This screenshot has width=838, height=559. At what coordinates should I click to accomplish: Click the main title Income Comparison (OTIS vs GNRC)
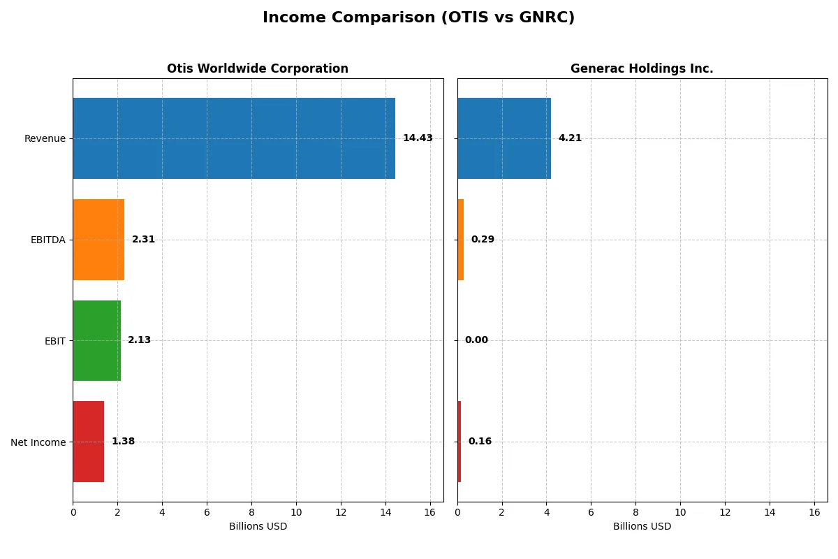click(418, 18)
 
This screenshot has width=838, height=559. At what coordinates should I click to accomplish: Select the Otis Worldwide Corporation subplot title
click(257, 68)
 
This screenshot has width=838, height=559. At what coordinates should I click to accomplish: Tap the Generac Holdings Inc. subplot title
click(642, 68)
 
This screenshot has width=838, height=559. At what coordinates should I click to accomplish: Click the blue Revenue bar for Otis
click(234, 138)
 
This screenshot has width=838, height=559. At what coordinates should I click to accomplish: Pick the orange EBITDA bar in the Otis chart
click(98, 240)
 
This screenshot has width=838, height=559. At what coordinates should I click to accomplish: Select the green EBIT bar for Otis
click(96, 340)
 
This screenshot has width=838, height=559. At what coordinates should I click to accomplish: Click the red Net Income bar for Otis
click(88, 442)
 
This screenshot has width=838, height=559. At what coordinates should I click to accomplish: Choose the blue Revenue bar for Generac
click(504, 138)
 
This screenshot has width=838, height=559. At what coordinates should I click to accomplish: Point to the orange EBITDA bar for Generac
click(461, 240)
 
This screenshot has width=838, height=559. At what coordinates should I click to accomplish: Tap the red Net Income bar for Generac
click(460, 442)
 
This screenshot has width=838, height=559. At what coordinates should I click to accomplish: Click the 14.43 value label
click(418, 138)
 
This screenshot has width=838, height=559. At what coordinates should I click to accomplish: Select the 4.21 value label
click(570, 138)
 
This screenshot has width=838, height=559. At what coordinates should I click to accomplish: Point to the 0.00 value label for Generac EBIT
click(476, 340)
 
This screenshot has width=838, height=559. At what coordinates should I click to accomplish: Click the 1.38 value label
click(123, 442)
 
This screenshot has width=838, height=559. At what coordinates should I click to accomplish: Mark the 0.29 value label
click(483, 240)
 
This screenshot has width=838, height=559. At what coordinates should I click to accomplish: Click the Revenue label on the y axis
click(45, 138)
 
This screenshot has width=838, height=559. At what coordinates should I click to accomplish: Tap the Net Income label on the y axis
click(38, 442)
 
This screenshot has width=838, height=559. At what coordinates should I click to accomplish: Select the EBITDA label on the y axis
click(47, 240)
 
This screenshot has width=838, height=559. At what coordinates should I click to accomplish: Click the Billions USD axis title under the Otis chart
click(258, 527)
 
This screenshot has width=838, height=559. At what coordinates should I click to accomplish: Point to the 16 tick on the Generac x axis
click(814, 512)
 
